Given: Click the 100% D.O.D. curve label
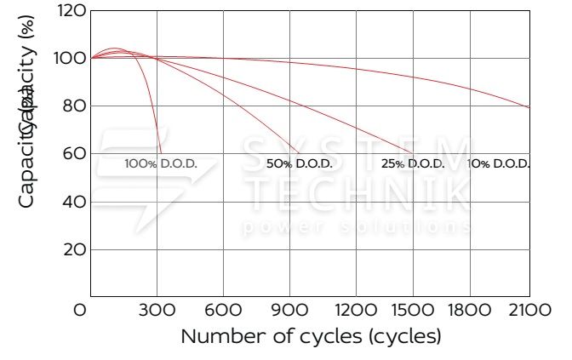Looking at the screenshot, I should [160, 163].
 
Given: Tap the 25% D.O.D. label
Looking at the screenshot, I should [412, 163].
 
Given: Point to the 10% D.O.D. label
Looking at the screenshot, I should [499, 163].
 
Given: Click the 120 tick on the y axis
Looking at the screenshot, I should [71, 11].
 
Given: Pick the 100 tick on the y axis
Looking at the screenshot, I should [71, 59].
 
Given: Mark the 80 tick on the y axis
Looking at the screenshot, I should [75, 106].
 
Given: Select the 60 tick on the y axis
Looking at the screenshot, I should [75, 154].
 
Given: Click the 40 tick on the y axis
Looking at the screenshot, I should [75, 202].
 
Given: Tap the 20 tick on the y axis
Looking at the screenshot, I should [75, 249].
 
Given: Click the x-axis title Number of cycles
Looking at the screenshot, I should [311, 336].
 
